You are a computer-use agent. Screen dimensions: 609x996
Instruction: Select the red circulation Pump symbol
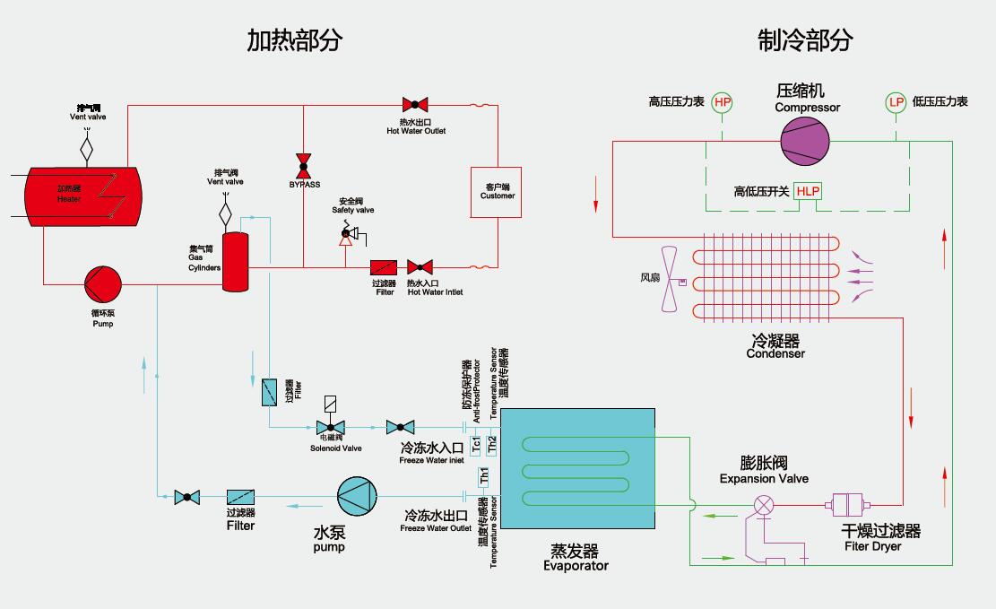pos(102,284)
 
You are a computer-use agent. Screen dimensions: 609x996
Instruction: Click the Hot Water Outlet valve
pos(415,104)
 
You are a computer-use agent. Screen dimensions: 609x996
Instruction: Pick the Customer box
pos(497,191)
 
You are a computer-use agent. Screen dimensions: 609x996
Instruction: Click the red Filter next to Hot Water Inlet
pos(384,267)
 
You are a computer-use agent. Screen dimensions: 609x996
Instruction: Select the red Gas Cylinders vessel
pos(235,261)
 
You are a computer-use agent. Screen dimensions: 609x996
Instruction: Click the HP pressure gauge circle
pos(722,102)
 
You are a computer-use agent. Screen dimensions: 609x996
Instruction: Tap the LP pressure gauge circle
pos(896,102)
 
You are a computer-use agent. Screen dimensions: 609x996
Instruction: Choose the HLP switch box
pos(808,191)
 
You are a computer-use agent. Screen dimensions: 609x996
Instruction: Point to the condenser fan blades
pos(670,279)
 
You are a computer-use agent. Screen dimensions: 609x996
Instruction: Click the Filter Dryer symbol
pos(846,504)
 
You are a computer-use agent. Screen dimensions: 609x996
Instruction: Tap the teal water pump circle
pos(356,495)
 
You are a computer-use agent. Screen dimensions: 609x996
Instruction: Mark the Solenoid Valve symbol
pos(330,427)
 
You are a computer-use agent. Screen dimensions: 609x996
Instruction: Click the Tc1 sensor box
pos(476,443)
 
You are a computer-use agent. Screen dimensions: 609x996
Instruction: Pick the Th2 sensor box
pos(490,443)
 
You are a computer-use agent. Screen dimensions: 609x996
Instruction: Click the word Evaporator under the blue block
pos(576,566)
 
